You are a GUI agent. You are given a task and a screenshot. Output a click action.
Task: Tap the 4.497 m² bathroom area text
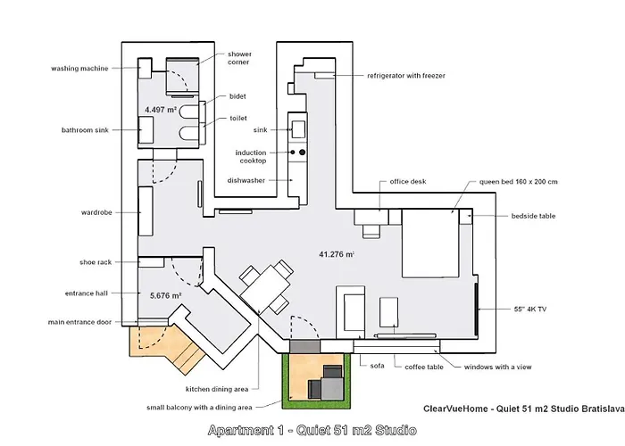159,110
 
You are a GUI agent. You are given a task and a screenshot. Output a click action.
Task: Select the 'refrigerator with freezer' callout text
405,76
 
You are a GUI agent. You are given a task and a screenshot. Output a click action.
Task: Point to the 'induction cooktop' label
251,156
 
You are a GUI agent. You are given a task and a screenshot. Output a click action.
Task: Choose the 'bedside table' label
534,216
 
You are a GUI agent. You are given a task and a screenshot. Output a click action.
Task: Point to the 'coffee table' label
425,367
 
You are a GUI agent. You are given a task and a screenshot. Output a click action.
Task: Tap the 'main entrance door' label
80,322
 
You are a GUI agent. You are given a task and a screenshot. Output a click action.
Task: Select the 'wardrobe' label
95,213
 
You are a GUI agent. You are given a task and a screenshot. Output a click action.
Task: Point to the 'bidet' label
237,96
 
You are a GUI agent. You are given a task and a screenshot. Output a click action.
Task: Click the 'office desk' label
407,181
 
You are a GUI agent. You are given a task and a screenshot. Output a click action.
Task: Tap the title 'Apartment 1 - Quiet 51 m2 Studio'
312,431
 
